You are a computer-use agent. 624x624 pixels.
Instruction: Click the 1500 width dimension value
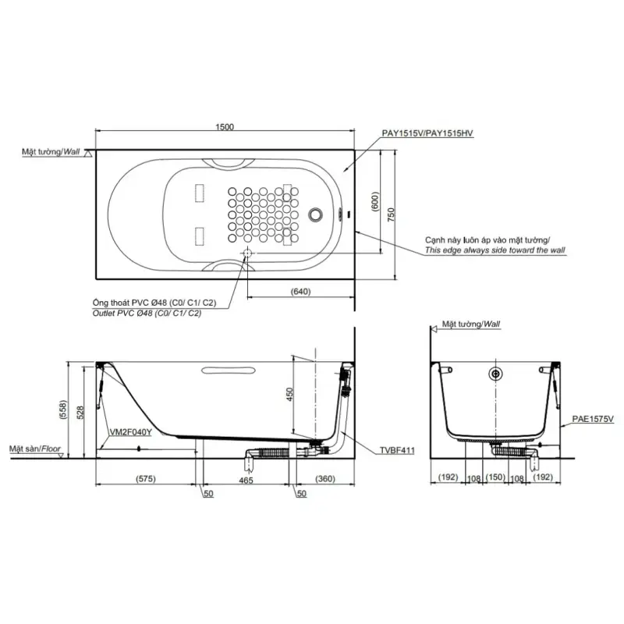(x=225, y=127)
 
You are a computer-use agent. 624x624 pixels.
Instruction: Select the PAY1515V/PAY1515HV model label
(x=427, y=133)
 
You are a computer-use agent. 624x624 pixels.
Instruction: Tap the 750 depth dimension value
(x=392, y=214)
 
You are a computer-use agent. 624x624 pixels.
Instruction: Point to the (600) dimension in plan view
(x=376, y=201)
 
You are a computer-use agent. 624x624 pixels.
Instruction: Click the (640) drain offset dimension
(x=300, y=292)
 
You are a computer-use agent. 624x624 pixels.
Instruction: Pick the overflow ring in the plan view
(x=316, y=214)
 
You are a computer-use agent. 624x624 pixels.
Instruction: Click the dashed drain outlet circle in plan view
(x=247, y=253)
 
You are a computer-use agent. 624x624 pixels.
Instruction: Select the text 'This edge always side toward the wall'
(x=495, y=250)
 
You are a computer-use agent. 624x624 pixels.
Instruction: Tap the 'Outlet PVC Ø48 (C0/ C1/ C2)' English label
(x=147, y=314)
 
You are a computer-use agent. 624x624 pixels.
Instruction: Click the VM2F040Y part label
(x=130, y=432)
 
